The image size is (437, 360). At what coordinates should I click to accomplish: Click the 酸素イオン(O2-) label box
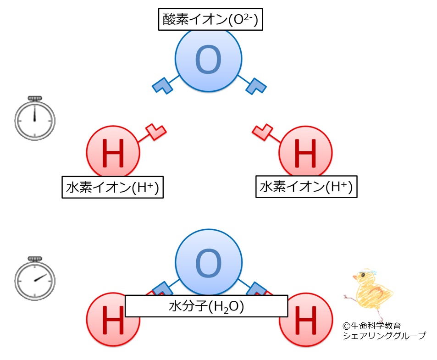click(x=210, y=19)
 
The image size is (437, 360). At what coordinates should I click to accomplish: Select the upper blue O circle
click(x=209, y=59)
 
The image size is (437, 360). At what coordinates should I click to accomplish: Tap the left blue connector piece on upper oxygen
click(x=162, y=86)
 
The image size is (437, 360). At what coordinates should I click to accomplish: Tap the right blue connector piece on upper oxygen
click(x=256, y=86)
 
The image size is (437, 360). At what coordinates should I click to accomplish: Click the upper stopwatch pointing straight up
click(x=35, y=118)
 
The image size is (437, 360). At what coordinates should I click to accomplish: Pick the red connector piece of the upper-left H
click(x=156, y=132)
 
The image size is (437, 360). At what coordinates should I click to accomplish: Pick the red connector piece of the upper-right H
click(x=262, y=132)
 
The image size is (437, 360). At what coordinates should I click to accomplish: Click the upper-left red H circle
click(x=113, y=152)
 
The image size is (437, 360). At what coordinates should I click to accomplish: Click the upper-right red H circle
click(x=305, y=152)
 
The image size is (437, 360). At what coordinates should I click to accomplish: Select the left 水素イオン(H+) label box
click(x=113, y=187)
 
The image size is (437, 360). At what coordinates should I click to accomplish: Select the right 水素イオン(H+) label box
click(x=306, y=187)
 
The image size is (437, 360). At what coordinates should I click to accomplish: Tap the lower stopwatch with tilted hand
click(x=35, y=278)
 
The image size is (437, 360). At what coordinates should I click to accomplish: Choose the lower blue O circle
click(x=209, y=262)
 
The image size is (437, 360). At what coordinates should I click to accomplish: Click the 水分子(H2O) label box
click(x=206, y=306)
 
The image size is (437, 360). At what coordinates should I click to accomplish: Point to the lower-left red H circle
click(x=113, y=319)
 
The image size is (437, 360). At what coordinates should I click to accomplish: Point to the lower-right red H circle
click(x=306, y=319)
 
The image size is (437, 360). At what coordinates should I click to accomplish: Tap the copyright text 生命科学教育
click(x=376, y=326)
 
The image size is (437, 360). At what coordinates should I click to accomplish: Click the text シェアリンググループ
click(x=384, y=336)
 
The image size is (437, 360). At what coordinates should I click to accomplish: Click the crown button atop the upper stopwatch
click(x=35, y=98)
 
